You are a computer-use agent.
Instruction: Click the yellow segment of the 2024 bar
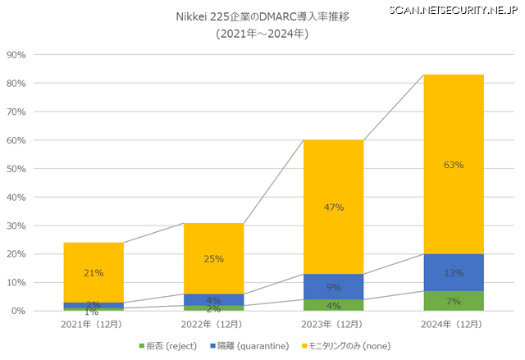click(454, 123)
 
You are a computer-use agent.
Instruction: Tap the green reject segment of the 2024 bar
click(454, 301)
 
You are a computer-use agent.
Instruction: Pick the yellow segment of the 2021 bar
click(94, 262)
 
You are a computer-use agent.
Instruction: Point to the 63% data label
click(454, 165)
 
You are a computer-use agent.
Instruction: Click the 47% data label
click(333, 207)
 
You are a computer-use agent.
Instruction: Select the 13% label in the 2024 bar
click(454, 273)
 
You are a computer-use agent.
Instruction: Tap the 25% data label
click(213, 260)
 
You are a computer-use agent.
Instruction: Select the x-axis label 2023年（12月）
click(333, 325)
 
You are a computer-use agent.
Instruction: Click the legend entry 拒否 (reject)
click(167, 345)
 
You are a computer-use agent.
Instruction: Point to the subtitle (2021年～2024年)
click(262, 34)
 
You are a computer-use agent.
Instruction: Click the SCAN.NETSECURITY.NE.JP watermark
click(454, 9)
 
